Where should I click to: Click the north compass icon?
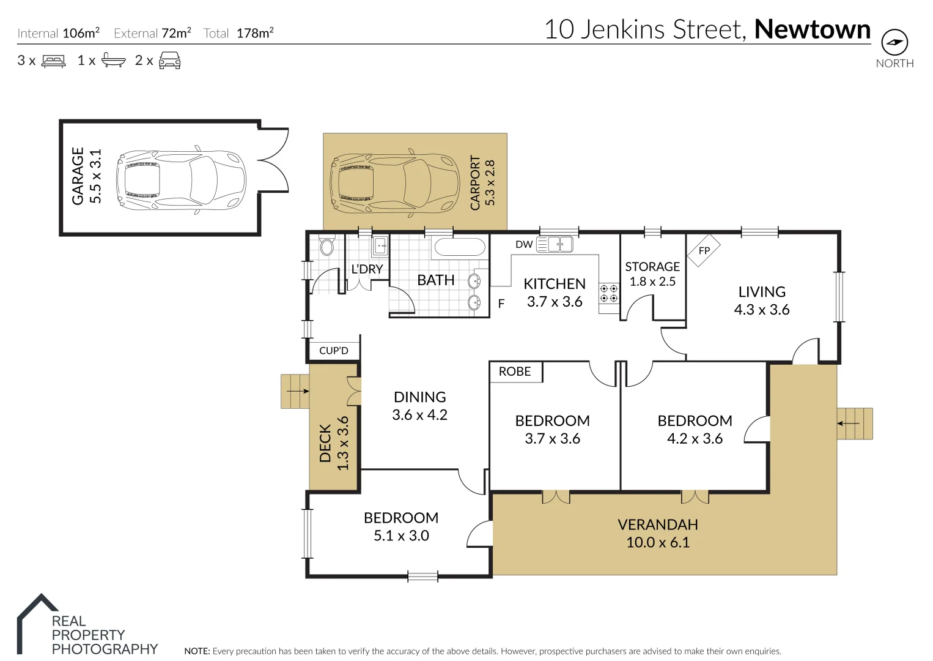point(894,43)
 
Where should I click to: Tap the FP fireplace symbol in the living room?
point(704,250)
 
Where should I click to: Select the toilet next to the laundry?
point(327,245)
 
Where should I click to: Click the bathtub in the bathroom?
point(459,247)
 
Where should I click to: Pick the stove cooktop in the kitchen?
point(608,293)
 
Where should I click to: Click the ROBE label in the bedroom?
point(515,372)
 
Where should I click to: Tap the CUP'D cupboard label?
point(334,351)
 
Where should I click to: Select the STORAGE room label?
point(652,267)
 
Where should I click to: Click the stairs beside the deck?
point(295,391)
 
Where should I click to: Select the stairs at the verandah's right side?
point(854,424)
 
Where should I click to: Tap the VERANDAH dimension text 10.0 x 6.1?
point(658,542)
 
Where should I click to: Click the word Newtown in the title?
point(812,29)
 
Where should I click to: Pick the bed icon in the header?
point(53,61)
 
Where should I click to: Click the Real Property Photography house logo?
point(37,621)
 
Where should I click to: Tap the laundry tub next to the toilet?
point(380,246)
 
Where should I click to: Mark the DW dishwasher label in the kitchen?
point(524,244)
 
